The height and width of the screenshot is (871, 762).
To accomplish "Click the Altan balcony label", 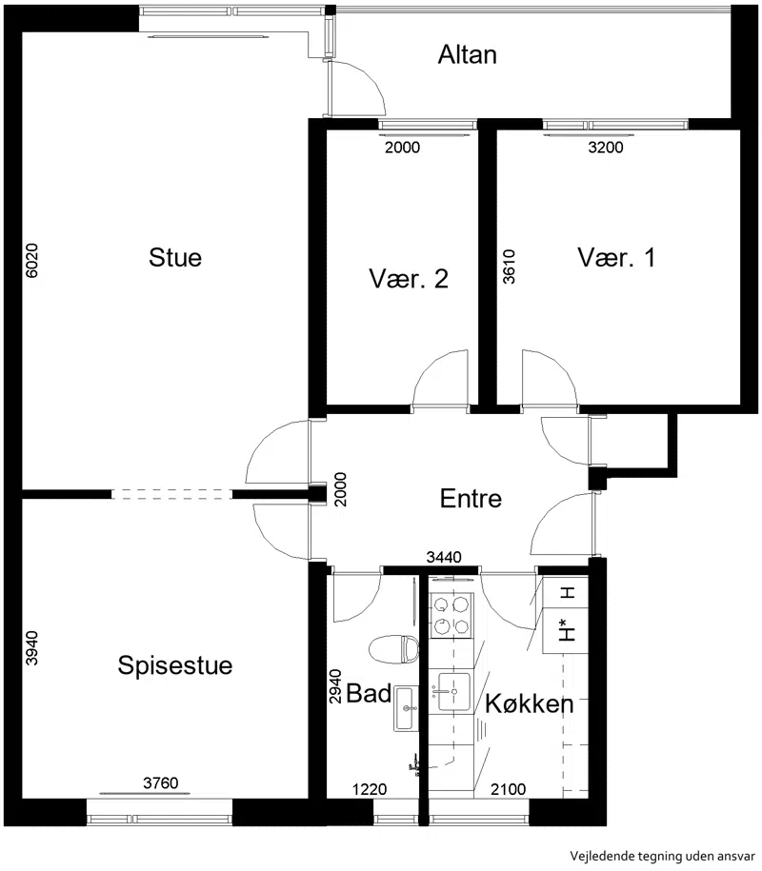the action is (467, 54).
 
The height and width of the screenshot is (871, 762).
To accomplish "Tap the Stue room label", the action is (175, 257).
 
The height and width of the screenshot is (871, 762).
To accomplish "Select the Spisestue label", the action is (175, 665).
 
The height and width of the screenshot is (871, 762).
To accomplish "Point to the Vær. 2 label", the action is (409, 278).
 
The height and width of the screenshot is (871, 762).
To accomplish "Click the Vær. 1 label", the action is (616, 258).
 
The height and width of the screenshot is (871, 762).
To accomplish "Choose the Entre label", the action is (471, 498).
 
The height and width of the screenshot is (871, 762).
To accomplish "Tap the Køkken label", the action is (530, 703).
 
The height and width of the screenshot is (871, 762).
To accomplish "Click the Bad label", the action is (369, 693).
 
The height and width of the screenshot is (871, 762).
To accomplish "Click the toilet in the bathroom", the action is (393, 649).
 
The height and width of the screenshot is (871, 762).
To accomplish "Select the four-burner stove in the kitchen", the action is (451, 616).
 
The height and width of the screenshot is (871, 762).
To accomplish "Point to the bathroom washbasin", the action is (406, 708).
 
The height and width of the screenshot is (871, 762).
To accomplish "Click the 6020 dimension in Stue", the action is (32, 260).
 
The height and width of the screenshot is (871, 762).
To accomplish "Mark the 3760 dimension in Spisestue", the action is (161, 783).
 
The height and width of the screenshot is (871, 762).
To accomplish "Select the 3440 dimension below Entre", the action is (444, 557).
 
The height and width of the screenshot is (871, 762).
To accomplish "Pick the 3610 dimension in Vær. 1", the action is (510, 267).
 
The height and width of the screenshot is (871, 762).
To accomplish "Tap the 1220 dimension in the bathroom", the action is (370, 789).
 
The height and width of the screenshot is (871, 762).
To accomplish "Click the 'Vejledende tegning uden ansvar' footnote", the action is (663, 856).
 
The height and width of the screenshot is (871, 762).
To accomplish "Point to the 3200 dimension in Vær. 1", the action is (606, 148).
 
